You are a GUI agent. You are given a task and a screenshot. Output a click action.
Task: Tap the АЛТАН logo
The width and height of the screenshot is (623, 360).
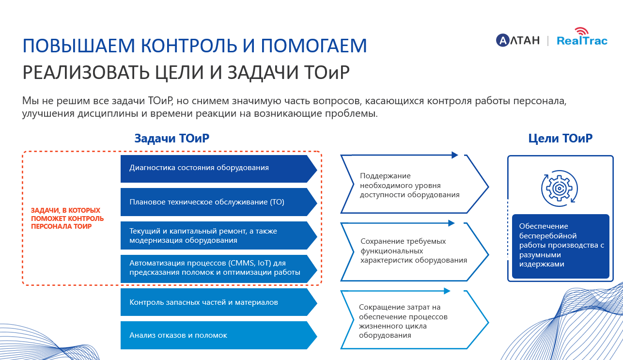click(517, 40)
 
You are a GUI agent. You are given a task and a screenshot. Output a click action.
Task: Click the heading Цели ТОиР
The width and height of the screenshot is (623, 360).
click(560, 139)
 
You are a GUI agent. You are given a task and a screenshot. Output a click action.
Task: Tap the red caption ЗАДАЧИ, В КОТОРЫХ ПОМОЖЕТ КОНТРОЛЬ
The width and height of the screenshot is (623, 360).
click(67, 219)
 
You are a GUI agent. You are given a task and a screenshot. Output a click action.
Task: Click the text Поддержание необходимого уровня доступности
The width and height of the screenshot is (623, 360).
click(409, 186)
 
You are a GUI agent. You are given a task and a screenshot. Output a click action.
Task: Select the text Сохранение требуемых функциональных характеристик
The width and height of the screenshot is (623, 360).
click(413, 250)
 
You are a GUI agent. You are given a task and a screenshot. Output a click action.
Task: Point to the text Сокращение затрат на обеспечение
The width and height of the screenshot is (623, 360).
click(403, 321)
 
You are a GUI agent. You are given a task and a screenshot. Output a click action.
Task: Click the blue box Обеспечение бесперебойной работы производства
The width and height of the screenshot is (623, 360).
click(560, 246)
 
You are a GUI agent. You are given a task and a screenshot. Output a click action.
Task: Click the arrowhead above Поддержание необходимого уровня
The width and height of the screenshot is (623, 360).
click(455, 155)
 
